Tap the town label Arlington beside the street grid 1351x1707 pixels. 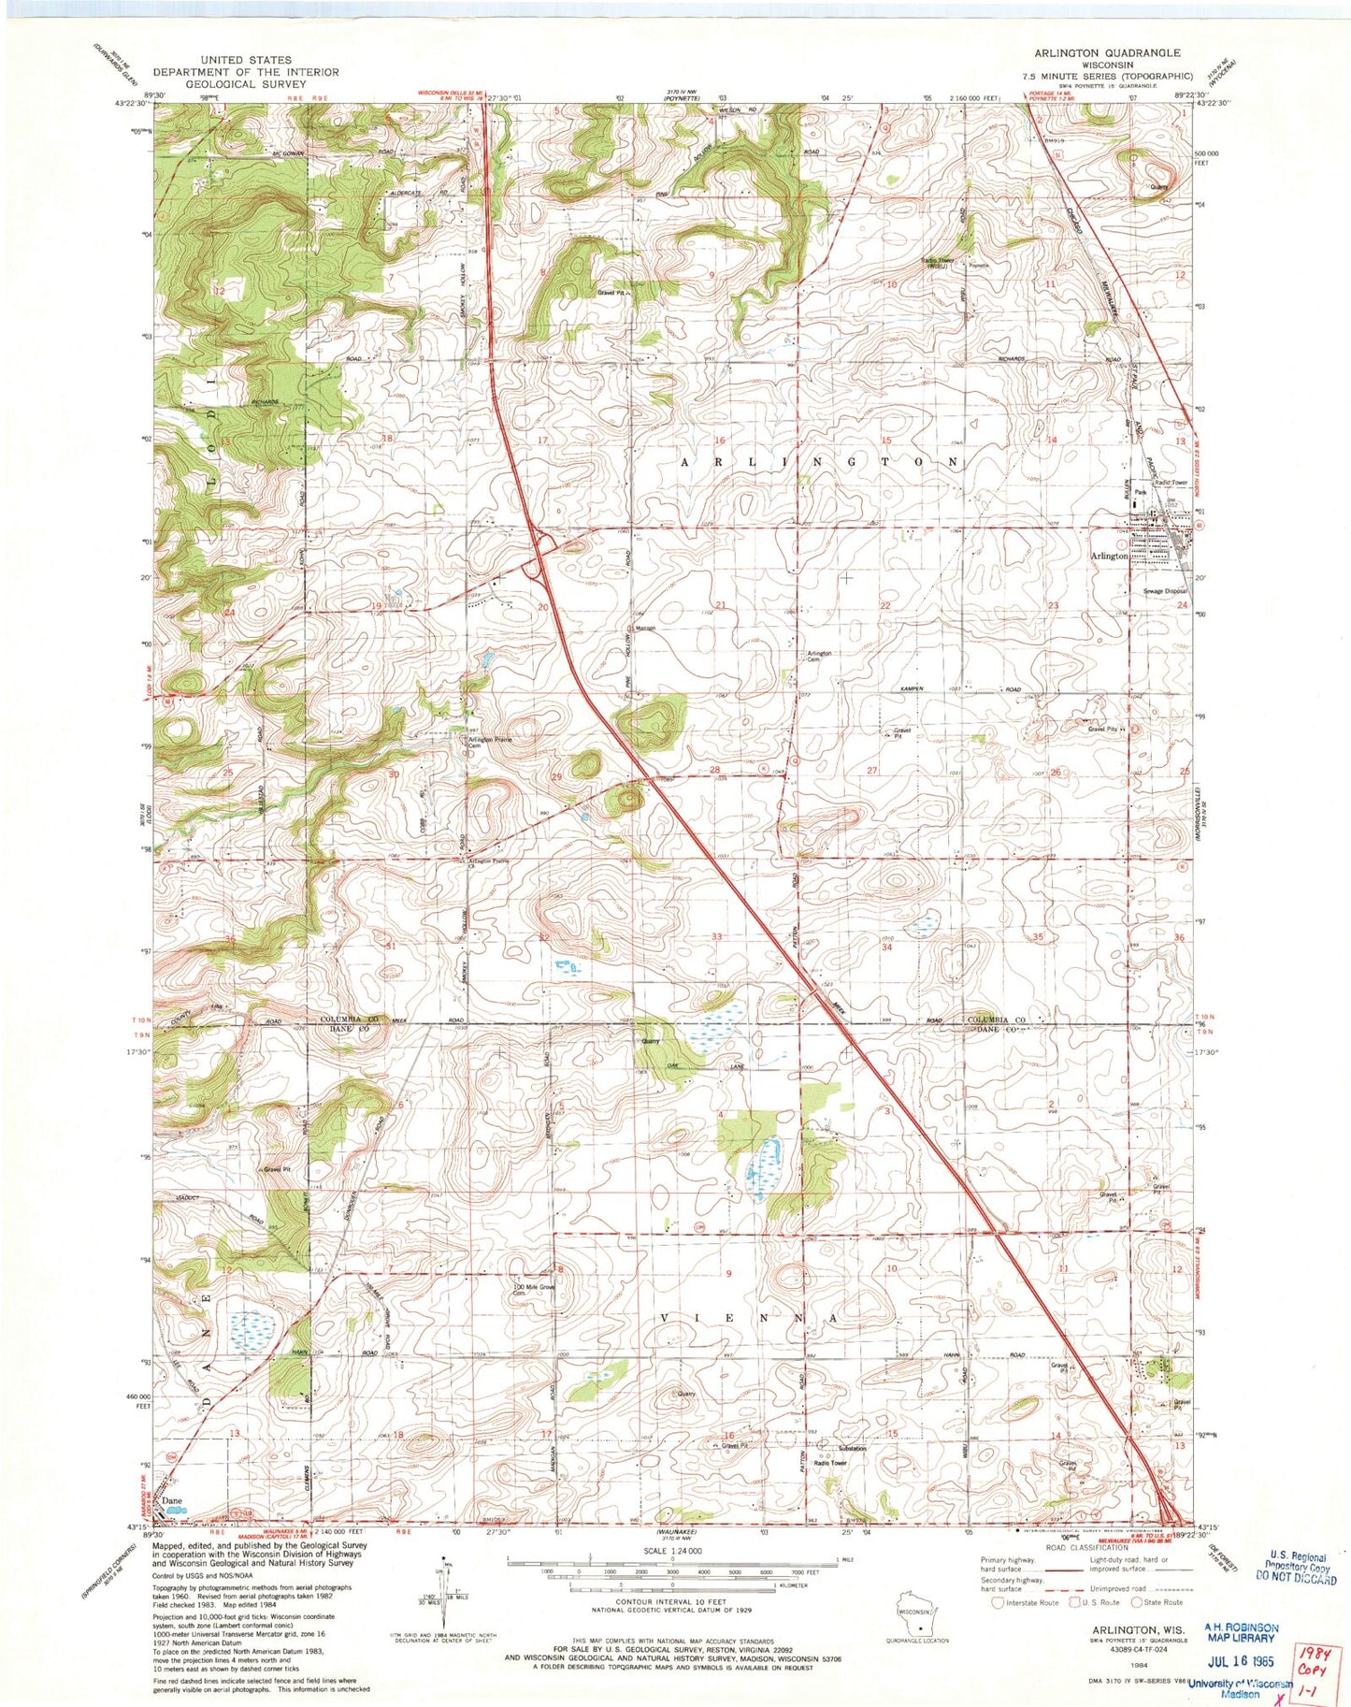[1110, 556]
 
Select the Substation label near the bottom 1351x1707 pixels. [852, 1449]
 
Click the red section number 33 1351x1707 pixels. [717, 936]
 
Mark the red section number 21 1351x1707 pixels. [721, 605]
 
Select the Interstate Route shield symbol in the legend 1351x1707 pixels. [998, 1602]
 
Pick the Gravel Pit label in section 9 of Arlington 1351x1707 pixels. [616, 293]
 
